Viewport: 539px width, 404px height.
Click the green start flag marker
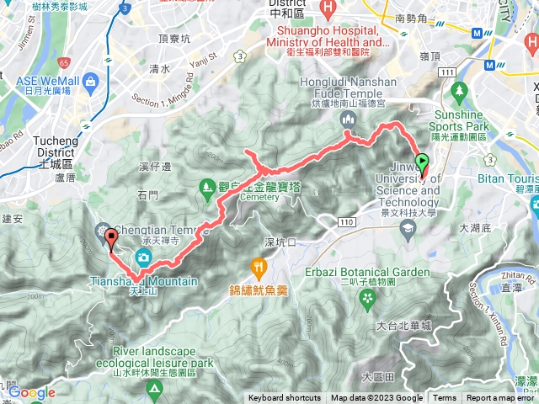click(422, 163)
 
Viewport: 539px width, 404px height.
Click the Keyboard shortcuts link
click(284, 398)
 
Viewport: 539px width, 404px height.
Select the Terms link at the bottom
click(445, 398)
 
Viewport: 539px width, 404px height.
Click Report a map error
click(501, 398)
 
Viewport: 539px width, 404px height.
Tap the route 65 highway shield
click(66, 63)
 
